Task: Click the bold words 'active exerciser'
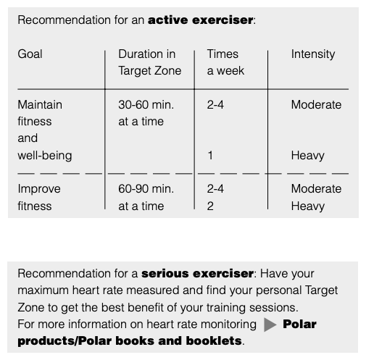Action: tap(201, 20)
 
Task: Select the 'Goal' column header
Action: tap(30, 54)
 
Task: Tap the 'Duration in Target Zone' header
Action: tap(150, 62)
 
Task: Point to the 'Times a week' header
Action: tap(225, 62)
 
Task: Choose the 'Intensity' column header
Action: tap(313, 54)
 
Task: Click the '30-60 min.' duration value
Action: tap(146, 105)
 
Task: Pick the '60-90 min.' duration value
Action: tap(146, 189)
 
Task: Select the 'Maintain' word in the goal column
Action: tap(40, 105)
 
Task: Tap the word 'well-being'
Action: tap(45, 156)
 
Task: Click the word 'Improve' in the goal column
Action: tap(39, 189)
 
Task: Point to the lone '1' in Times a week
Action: tap(210, 156)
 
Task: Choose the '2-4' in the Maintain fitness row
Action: tap(215, 105)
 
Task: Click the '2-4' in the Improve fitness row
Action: tap(215, 189)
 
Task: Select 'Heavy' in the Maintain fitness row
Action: tap(308, 156)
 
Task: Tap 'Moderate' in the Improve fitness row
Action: tap(316, 189)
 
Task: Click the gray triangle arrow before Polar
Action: tap(270, 325)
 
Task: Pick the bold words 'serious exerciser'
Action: tap(197, 274)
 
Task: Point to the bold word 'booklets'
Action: tap(214, 341)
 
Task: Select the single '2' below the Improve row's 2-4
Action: tap(210, 206)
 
